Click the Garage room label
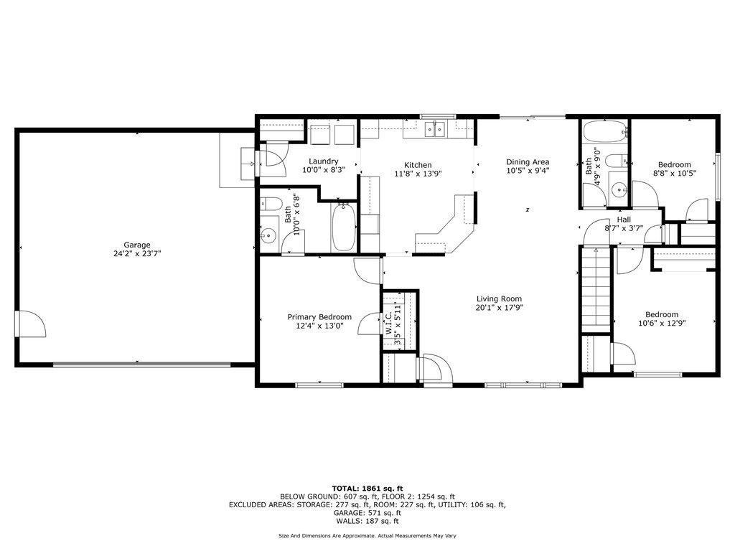137,245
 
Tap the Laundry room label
324,161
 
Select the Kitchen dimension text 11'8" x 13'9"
418,174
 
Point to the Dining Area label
528,162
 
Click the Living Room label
500,299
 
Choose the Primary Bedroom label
319,317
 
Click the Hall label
624,220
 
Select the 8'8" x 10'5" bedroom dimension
675,173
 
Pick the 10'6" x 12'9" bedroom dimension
662,323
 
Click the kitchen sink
435,129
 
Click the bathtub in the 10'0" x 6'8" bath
344,227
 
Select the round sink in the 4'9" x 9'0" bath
619,190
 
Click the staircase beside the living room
596,288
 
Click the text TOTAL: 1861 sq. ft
367,488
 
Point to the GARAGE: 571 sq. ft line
367,513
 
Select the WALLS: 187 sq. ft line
367,521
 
